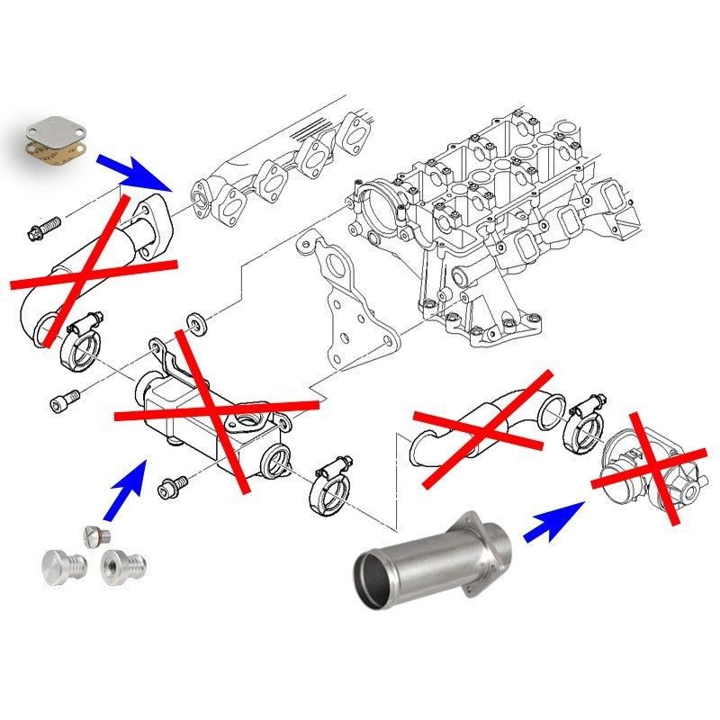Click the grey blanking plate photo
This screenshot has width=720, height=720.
coord(55,134)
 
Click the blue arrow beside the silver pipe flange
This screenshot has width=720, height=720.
coord(551,522)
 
